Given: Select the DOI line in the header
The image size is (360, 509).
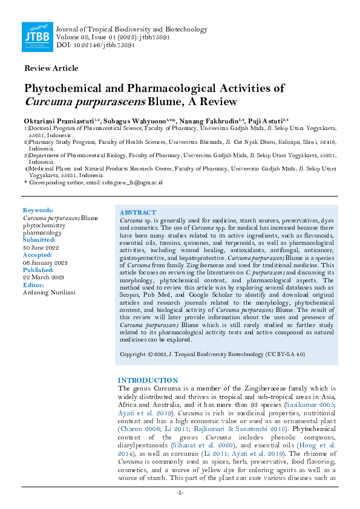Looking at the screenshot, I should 94,46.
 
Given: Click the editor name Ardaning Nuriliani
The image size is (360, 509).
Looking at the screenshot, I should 48,293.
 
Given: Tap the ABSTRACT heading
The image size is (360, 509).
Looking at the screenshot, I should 138,213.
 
